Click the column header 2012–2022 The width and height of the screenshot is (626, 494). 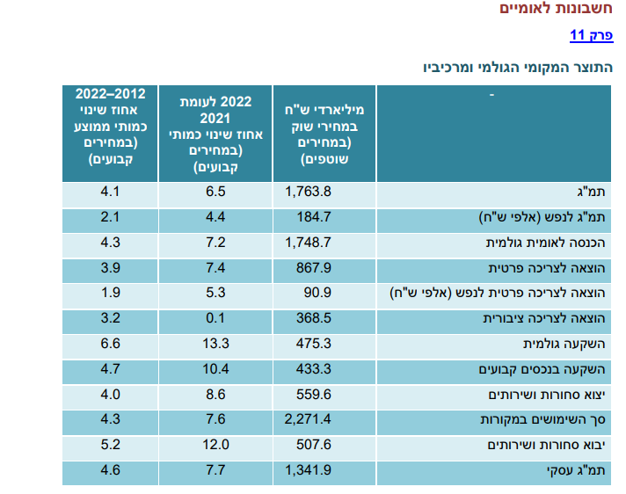[110, 127]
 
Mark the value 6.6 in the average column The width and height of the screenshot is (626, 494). [110, 343]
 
